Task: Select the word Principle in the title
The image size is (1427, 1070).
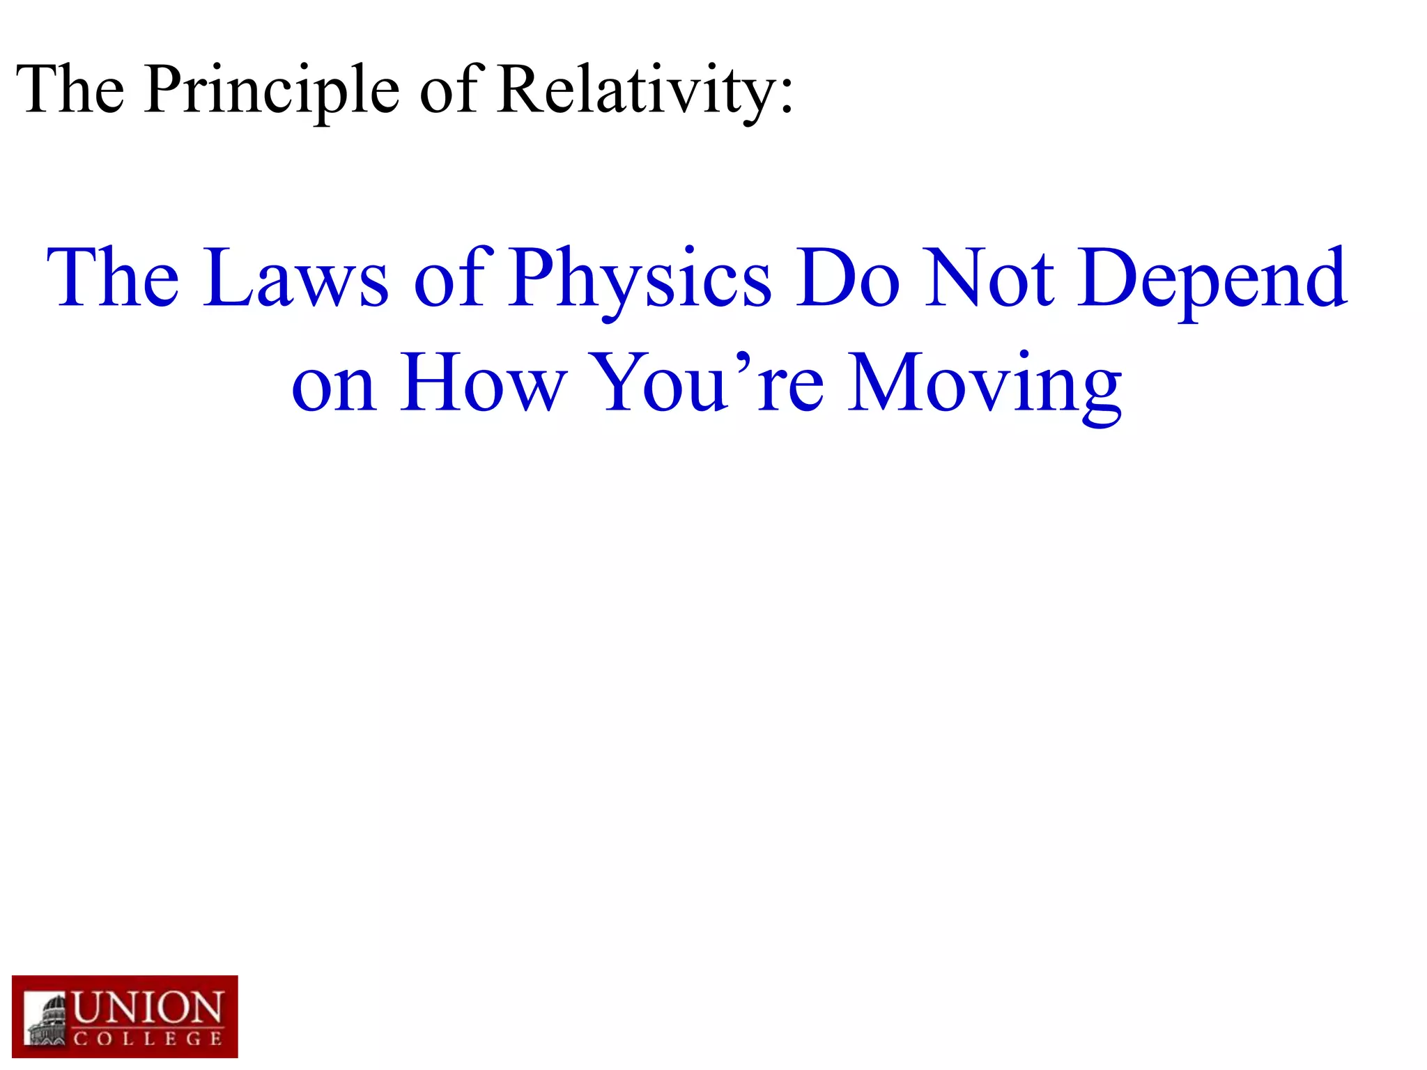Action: pos(272,91)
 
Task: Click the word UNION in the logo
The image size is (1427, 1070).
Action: pos(148,1009)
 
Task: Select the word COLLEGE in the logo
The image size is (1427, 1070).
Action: pos(148,1039)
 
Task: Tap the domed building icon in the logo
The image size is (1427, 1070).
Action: pos(47,1021)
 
